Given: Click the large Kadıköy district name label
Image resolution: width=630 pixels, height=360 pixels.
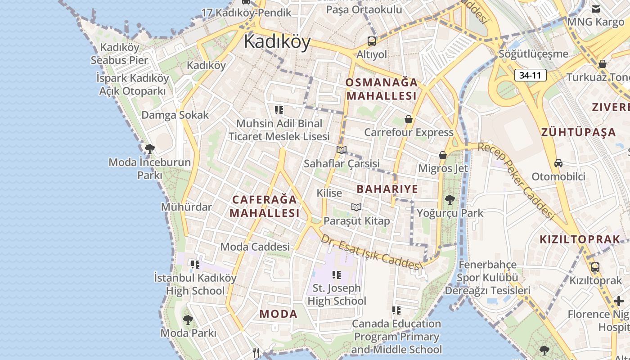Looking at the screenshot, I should coord(277,42).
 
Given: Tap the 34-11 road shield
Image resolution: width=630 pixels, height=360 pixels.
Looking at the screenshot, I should coord(530,75).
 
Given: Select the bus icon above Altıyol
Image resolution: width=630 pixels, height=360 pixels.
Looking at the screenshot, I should coord(372,41).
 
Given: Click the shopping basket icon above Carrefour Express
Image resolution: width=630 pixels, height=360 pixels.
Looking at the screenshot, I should coord(409,119).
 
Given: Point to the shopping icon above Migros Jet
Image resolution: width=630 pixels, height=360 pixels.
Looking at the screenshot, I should coord(443,155).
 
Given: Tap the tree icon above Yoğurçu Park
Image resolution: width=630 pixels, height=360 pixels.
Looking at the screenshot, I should coord(450,199).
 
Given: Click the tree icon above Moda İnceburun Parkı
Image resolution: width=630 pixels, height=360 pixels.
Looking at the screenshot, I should coord(150,148).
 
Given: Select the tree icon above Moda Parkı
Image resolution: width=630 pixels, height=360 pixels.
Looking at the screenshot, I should coord(188,320).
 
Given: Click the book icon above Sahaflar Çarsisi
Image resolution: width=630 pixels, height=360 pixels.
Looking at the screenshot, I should coord(342,150).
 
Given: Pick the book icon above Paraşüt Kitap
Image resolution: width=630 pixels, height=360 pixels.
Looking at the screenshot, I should coord(356,207).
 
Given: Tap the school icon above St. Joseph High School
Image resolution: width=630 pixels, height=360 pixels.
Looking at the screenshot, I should coord(336,274).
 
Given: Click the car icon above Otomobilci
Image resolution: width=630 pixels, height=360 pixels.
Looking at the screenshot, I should coord(558,163).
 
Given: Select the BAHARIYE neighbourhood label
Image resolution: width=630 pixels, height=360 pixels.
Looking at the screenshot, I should coord(387,189).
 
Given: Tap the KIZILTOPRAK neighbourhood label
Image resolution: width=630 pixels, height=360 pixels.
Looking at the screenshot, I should coord(580,239).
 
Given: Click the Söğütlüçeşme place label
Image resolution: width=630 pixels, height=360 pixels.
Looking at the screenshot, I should coord(533,54).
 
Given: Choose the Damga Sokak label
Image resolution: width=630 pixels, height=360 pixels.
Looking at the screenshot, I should coord(175,115).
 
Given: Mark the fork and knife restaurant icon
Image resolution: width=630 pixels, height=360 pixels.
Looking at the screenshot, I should coord(256,352).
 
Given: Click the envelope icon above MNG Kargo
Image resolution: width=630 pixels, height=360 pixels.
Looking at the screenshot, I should coord(596,9).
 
